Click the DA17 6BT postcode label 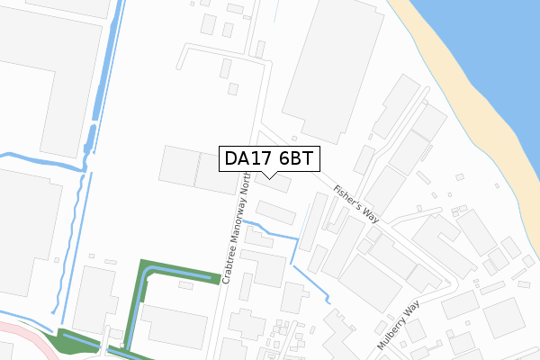[269, 159]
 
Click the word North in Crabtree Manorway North [244, 185]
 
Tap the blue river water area [486, 54]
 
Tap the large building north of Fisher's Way [328, 67]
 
